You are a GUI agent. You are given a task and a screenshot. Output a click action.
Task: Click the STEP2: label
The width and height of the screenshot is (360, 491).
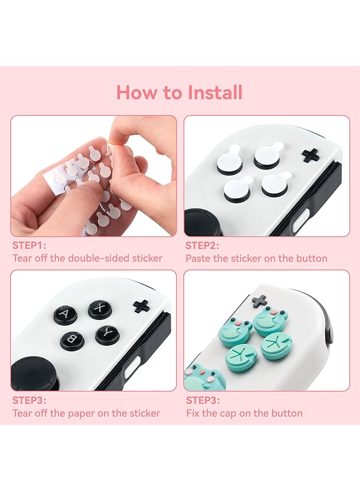click(202, 245)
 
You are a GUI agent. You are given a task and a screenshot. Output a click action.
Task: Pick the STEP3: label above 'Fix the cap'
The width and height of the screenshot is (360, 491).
click(202, 400)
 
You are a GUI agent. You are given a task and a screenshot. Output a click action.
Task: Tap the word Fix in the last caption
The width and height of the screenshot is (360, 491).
click(193, 413)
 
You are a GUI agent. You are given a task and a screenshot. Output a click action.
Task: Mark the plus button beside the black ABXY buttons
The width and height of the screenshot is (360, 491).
click(141, 306)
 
